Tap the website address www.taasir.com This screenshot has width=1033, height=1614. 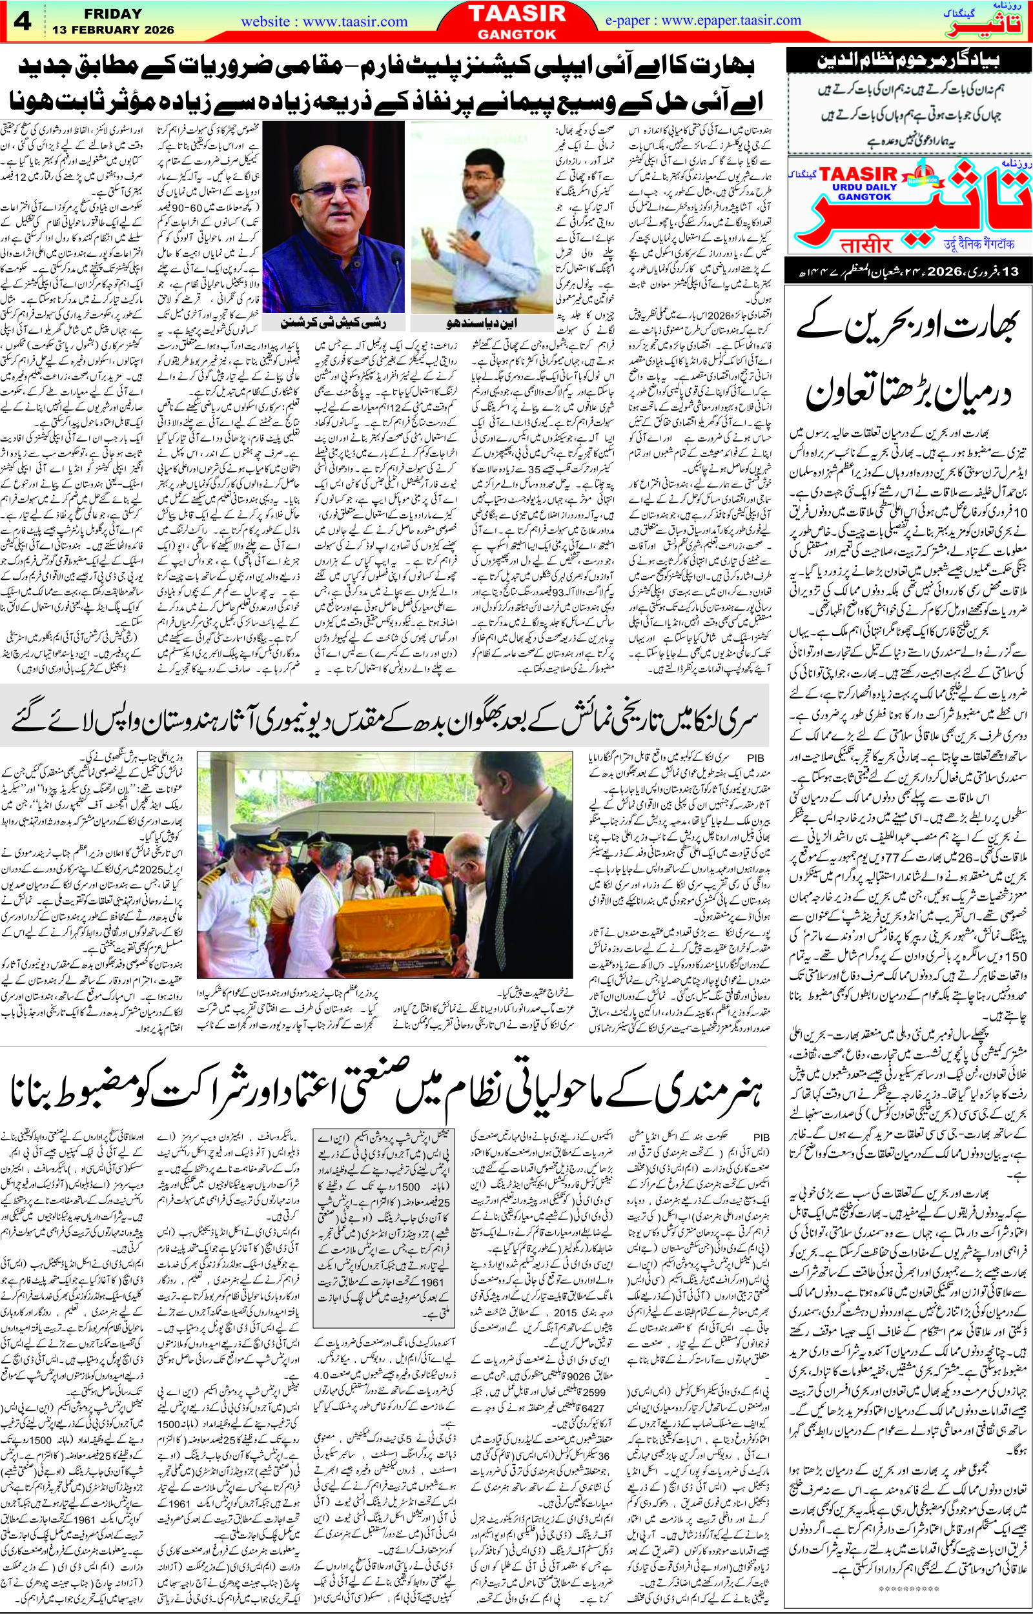[325, 21]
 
